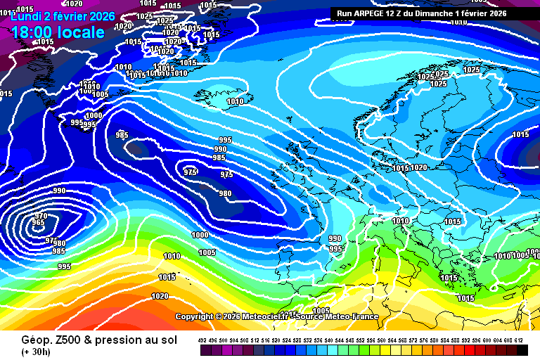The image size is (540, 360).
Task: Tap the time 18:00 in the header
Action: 34,32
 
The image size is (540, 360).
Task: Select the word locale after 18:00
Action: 82,32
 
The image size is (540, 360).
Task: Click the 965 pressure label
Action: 38,223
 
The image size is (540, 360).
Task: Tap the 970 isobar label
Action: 41,216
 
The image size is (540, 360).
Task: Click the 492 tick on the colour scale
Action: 202,341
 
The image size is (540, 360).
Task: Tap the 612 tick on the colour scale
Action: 519,341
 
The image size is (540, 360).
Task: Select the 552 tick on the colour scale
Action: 361,341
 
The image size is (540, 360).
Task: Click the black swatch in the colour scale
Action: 522,350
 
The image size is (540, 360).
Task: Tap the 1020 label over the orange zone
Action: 160,296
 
